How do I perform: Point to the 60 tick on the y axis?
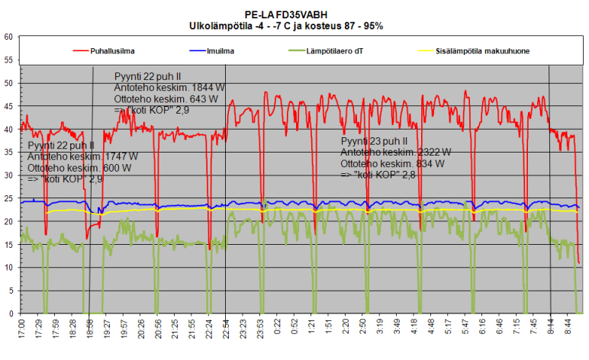[8, 37]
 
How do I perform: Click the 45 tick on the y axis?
[8, 106]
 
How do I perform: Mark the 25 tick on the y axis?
[8, 198]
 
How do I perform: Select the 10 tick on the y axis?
[8, 268]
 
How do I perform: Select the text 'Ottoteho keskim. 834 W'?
[393, 163]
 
